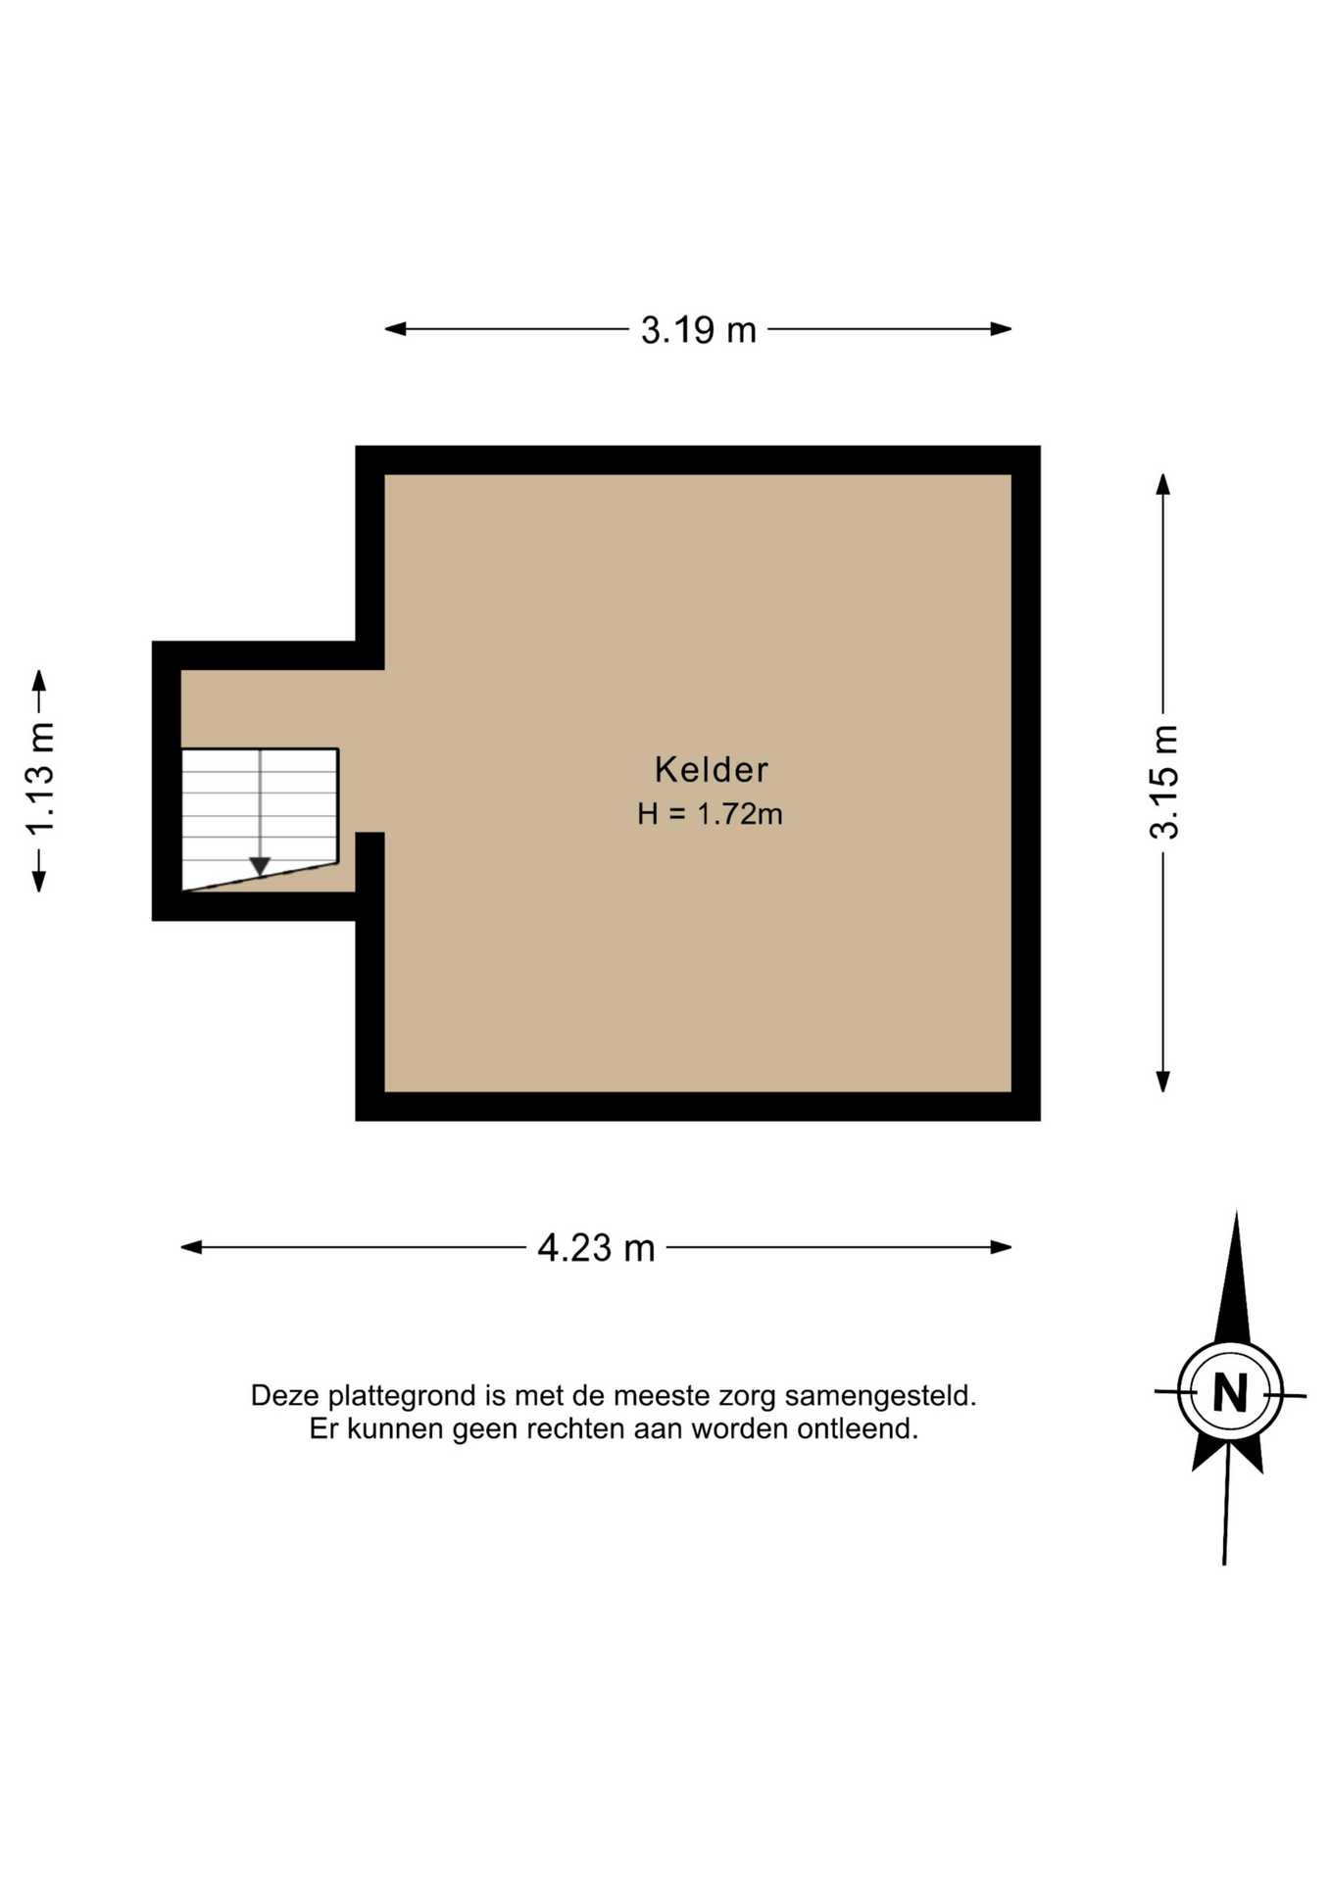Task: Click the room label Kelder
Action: click(711, 769)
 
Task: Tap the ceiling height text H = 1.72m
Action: click(710, 814)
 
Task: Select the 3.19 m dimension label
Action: click(699, 330)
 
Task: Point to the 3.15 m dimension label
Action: click(1164, 783)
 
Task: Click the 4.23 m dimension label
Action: click(596, 1248)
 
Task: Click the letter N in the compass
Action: click(1230, 1392)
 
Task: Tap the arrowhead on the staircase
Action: click(260, 867)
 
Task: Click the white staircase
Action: click(260, 819)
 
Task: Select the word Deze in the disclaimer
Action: click(285, 1395)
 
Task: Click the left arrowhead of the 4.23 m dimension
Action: click(191, 1247)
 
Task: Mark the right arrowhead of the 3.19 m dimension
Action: click(1001, 329)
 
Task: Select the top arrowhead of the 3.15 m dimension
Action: click(1163, 484)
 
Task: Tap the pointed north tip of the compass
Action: click(1236, 1213)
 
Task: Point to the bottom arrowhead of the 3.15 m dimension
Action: click(1163, 1082)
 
